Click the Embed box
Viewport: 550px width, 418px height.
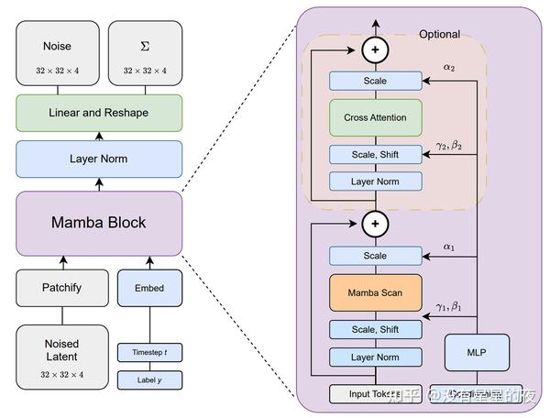(149, 288)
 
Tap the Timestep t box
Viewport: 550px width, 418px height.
(149, 351)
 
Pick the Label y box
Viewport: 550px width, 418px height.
(149, 379)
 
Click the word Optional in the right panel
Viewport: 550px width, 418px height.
(439, 34)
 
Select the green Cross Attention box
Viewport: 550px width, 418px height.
(375, 117)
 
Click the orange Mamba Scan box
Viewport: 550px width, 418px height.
(375, 292)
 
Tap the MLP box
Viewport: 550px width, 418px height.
(478, 351)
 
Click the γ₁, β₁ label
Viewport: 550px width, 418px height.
(449, 306)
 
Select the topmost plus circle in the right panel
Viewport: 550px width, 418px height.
(375, 48)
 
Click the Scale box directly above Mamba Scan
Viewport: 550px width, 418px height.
(375, 256)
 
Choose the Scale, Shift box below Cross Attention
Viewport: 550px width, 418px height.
(375, 155)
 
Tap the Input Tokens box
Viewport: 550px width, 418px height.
(375, 394)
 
